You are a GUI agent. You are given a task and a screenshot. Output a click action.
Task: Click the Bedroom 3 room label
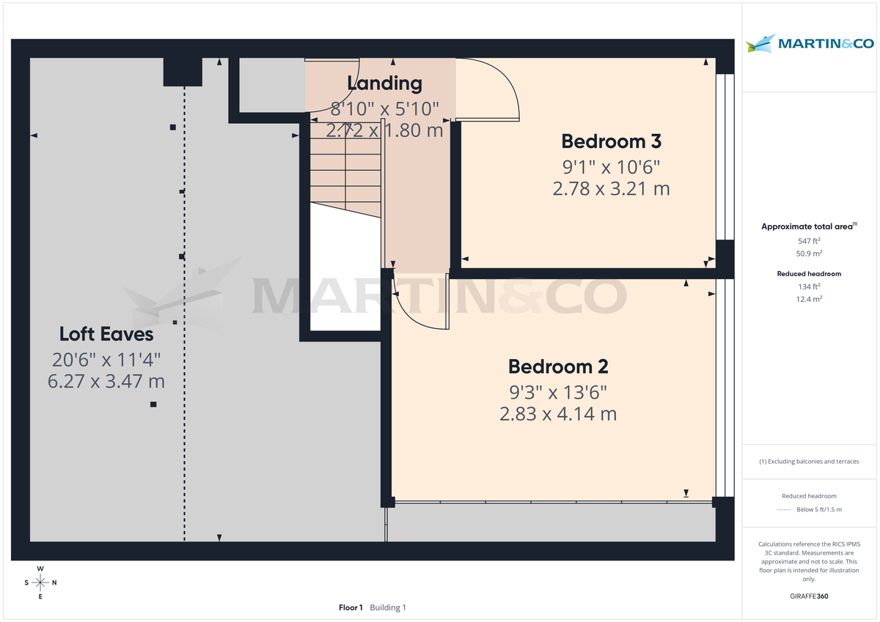[x=611, y=141]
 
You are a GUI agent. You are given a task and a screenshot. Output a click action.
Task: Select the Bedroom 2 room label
[x=558, y=366]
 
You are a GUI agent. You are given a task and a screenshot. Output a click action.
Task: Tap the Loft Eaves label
[x=106, y=334]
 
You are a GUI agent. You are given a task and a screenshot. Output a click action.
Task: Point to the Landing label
[x=384, y=83]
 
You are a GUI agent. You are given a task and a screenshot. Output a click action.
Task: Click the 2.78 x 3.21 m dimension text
[x=611, y=189]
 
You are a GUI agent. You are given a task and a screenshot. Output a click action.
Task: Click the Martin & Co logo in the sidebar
[x=810, y=43]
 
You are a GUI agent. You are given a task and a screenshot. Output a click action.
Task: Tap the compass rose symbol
[x=40, y=583]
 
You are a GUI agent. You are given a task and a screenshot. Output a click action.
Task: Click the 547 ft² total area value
[x=809, y=241]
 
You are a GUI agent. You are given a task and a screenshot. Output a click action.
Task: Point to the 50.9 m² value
[x=809, y=253]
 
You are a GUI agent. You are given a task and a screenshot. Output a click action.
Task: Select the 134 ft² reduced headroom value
[x=809, y=286]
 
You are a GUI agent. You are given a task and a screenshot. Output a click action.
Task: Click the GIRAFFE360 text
[x=809, y=596]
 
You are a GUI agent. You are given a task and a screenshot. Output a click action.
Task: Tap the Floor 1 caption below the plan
[x=351, y=607]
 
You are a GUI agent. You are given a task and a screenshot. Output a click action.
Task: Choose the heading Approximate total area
[x=807, y=227]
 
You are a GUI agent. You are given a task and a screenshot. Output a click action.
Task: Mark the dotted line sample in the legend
[x=785, y=509]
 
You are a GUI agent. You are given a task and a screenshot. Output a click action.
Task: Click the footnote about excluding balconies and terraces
[x=809, y=462]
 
